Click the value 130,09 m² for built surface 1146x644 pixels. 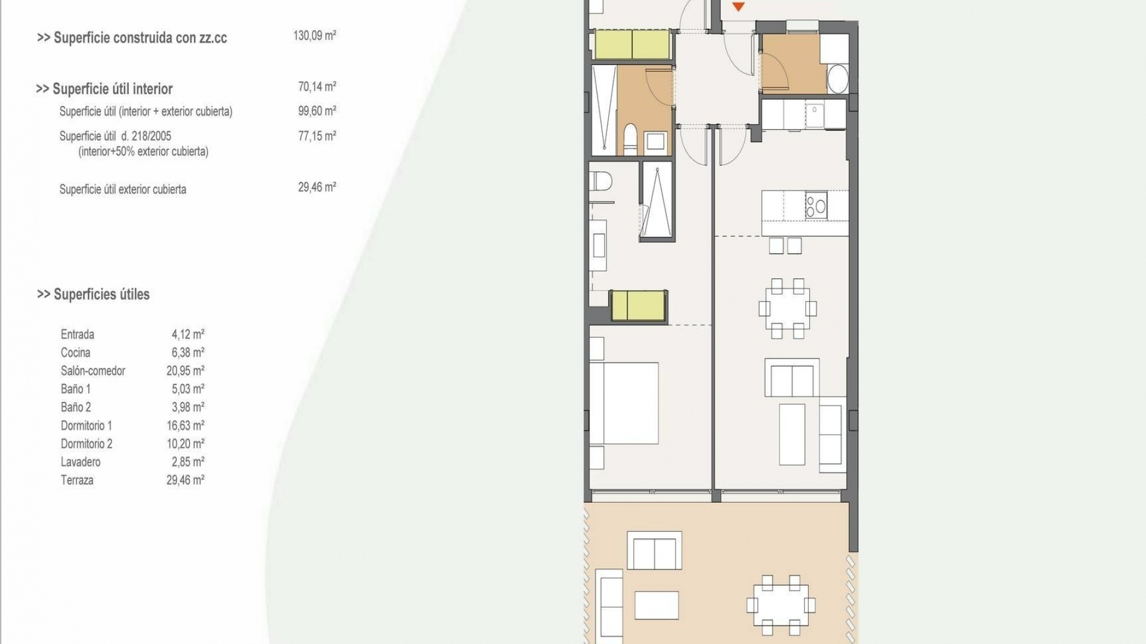[315, 36]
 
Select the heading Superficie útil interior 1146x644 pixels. [104, 89]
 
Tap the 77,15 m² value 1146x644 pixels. [317, 136]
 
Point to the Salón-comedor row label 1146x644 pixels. [93, 371]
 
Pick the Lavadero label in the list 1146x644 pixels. [81, 462]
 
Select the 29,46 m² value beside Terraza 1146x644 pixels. [185, 480]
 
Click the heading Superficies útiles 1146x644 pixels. [94, 295]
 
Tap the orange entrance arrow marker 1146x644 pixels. [738, 7]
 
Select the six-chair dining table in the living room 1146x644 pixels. [787, 308]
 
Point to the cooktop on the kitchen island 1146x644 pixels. [816, 205]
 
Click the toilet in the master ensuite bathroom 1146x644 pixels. [600, 181]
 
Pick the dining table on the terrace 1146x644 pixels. [780, 605]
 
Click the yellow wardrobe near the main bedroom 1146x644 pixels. [638, 305]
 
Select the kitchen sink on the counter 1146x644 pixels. [814, 114]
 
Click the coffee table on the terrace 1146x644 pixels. [657, 605]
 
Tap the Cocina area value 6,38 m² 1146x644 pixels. [187, 353]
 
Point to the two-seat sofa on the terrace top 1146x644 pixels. [654, 551]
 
